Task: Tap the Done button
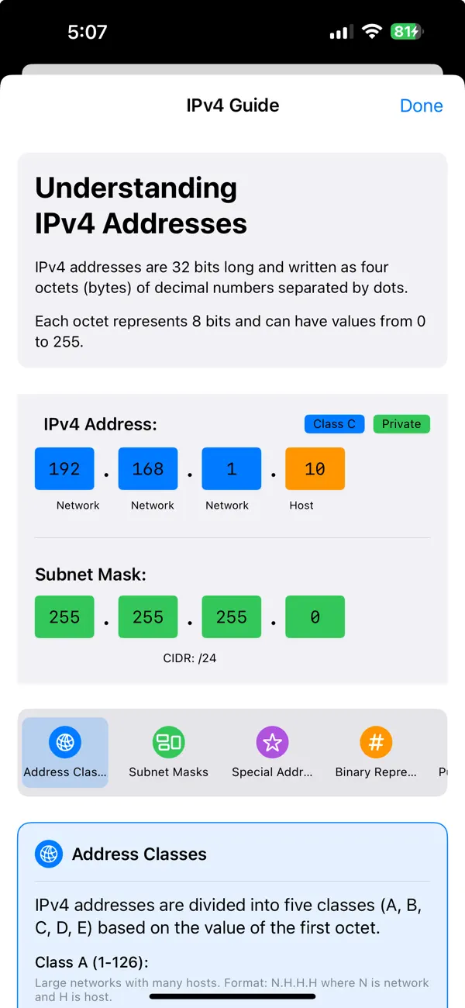tap(421, 105)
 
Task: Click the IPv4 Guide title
tap(232, 105)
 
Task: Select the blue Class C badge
tap(334, 424)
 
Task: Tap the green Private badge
tap(401, 424)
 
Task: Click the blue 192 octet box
tap(64, 468)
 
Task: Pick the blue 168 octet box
tap(148, 468)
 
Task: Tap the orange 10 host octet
tap(315, 468)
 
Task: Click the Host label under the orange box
tap(301, 506)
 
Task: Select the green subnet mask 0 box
tap(315, 617)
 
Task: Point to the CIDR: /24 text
tap(190, 659)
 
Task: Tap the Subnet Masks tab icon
tap(168, 742)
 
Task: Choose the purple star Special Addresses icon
tap(272, 742)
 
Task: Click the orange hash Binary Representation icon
tap(376, 742)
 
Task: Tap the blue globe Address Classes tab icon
tap(65, 742)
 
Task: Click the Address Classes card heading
tap(139, 854)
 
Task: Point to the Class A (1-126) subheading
tap(91, 962)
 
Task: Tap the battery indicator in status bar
tap(406, 32)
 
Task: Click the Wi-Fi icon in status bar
tap(372, 32)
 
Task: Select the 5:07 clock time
tap(87, 32)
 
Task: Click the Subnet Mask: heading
tap(91, 575)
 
